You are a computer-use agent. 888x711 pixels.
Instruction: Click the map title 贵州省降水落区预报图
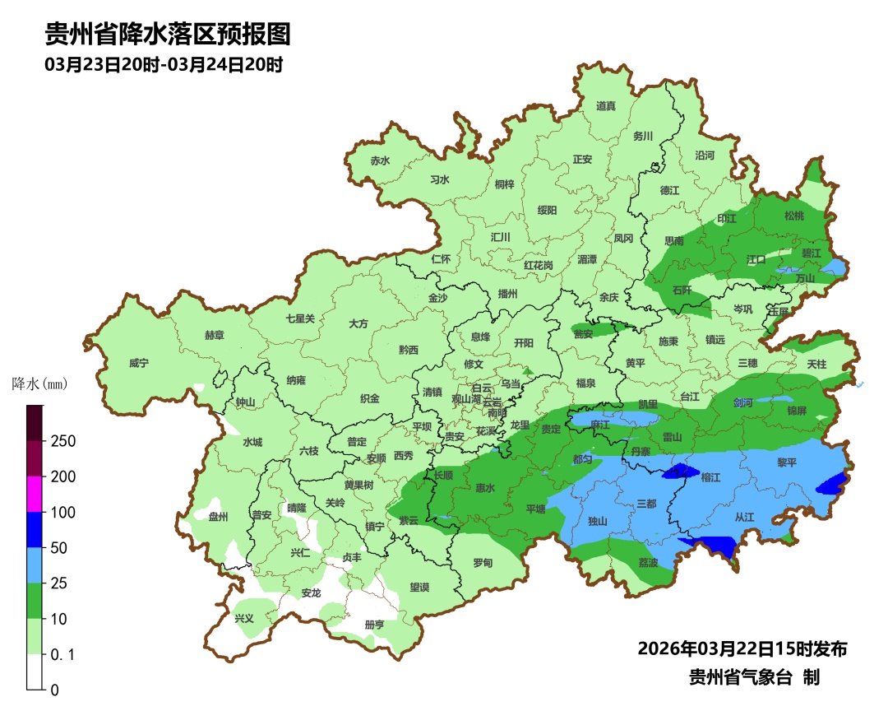point(168,35)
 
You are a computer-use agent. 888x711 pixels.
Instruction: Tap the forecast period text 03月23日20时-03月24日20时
point(164,65)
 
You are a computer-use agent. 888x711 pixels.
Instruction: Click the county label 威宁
point(140,363)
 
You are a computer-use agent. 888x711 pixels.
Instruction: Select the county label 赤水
point(380,161)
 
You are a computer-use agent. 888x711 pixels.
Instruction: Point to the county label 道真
point(606,106)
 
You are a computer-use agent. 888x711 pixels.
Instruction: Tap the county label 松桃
point(793,216)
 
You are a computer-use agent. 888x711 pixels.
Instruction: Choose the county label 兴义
point(244,618)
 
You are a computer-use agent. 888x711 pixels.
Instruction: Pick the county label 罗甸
point(483,563)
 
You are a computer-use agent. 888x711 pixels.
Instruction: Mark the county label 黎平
point(787,463)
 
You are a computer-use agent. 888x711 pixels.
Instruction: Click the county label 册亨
point(374,625)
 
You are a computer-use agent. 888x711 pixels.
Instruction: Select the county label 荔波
point(648,563)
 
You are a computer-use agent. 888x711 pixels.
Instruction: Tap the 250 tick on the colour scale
point(62,441)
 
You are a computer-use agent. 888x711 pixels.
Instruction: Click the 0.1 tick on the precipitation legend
point(63,655)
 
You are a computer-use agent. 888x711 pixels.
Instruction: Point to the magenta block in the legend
point(35,494)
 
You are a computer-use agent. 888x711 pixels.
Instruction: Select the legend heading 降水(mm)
point(39,383)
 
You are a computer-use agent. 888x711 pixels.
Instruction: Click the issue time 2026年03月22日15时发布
point(742,649)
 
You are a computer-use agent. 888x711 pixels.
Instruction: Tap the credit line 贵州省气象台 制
point(754,678)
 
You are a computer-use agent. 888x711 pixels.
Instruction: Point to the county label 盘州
point(218,517)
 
